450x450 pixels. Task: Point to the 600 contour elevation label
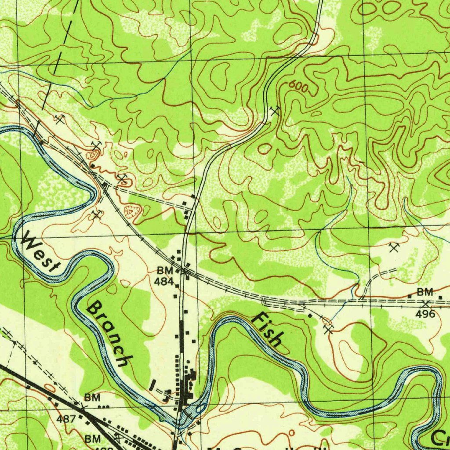[x=298, y=87]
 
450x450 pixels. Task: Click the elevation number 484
[x=165, y=282]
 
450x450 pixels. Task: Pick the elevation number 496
[x=425, y=314]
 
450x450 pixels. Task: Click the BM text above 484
[x=165, y=271]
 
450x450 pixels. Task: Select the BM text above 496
[x=425, y=292]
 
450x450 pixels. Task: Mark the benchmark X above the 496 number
[x=425, y=304]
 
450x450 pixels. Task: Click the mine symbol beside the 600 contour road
[x=275, y=110]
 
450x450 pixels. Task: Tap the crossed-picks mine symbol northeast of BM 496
[x=393, y=248]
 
